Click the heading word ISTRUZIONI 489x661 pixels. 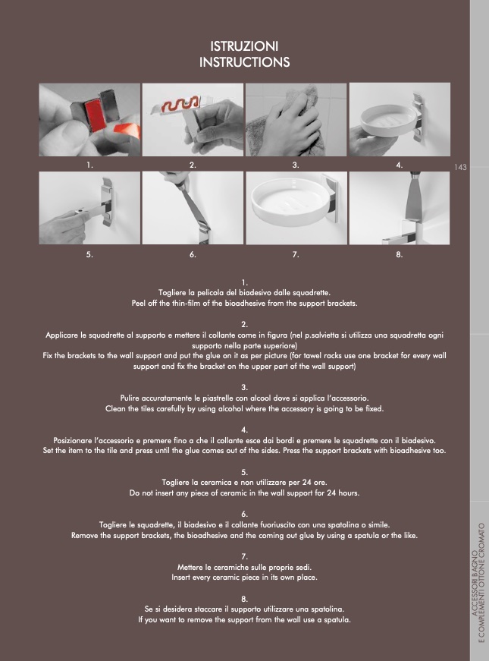tap(244, 46)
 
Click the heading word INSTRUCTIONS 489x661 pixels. tap(244, 62)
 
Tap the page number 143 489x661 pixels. tap(460, 168)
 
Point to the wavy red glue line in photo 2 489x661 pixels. tap(180, 105)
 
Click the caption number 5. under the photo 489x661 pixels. tap(89, 254)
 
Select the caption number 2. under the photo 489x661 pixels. tap(193, 165)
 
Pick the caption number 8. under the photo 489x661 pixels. tap(400, 254)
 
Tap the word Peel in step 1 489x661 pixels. tap(139, 303)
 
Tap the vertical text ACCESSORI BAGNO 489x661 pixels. tap(475, 584)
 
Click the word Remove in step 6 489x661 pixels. tap(84, 535)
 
